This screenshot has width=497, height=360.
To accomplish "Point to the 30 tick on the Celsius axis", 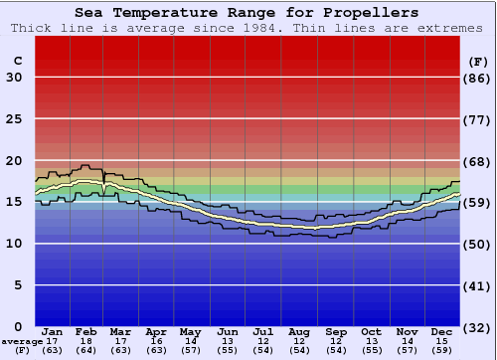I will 14,78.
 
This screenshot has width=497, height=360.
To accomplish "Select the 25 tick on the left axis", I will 14,119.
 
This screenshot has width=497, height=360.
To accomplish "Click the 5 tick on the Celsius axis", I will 18,285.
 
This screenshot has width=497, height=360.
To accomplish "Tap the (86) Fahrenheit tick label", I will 478,78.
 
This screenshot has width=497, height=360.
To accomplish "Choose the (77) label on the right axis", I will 478,119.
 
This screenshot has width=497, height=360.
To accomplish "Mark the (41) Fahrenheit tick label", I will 478,285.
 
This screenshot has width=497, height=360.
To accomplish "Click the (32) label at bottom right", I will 478,327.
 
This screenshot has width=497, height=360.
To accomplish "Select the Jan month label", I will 53,331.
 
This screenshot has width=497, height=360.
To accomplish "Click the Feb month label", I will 86,331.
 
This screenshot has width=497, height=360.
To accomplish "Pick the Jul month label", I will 263,331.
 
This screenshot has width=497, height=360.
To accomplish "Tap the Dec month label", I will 442,331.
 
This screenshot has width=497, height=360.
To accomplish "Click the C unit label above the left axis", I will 18,61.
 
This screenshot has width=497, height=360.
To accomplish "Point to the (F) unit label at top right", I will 478,61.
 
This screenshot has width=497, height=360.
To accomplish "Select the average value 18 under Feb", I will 86,341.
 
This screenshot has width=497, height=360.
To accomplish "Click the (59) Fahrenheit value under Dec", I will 442,350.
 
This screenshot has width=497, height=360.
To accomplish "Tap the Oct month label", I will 371,331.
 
